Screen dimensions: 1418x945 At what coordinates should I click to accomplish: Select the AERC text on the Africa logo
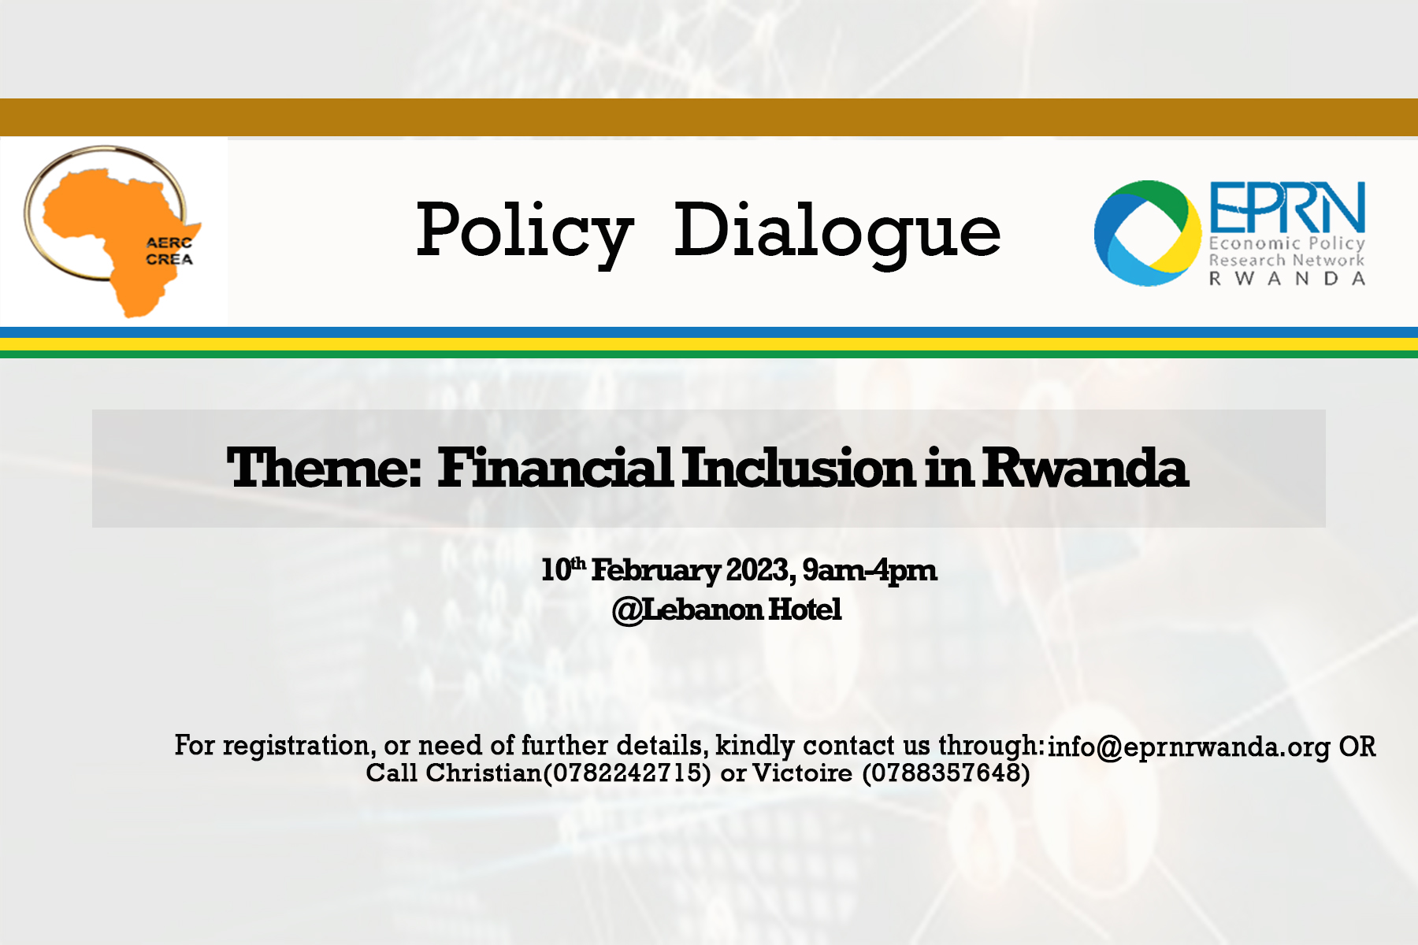(x=169, y=243)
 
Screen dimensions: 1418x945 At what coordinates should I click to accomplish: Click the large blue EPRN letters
(x=1286, y=208)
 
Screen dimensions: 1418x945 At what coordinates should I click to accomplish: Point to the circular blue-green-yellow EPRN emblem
(x=1144, y=233)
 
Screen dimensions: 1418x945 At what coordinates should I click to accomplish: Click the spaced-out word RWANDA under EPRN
(x=1287, y=279)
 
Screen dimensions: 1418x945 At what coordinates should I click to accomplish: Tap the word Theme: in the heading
(x=324, y=468)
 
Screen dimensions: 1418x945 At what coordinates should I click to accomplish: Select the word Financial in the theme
(x=555, y=468)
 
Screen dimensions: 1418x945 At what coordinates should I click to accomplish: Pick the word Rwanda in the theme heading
(x=1085, y=468)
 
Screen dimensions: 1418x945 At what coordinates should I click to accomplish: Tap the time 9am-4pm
(x=870, y=571)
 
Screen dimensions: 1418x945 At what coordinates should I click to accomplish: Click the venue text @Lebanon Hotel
(x=727, y=610)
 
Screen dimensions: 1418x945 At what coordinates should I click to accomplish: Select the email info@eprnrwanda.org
(x=1189, y=747)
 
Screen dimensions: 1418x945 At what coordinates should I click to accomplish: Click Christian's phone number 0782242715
(x=627, y=773)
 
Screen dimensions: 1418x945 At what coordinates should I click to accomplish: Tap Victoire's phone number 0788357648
(x=946, y=773)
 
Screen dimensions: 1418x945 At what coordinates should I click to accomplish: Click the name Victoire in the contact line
(x=802, y=773)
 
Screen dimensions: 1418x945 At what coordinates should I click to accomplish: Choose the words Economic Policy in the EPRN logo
(x=1287, y=243)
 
